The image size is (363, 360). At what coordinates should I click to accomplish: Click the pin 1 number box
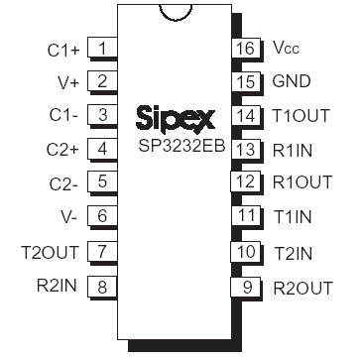102,47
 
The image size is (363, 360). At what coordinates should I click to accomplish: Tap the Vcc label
285,48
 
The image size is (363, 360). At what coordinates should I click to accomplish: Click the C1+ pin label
62,47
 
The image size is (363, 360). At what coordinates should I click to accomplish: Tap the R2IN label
57,287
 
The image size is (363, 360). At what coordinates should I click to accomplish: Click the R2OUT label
302,289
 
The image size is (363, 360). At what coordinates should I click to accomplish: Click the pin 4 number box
102,149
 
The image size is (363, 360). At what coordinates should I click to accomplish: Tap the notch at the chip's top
176,10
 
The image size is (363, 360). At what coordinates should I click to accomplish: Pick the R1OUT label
301,182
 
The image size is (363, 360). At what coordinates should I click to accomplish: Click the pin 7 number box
102,252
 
